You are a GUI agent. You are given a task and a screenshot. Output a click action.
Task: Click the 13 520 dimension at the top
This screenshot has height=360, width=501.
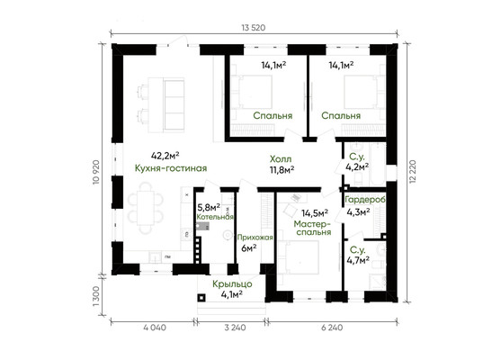(x=254, y=28)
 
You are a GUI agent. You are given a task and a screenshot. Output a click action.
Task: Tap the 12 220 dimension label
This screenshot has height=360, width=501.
(x=413, y=171)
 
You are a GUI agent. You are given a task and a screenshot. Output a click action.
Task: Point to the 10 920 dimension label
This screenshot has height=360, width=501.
(x=96, y=172)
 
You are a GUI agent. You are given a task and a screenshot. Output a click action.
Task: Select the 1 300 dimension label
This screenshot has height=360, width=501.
(x=96, y=296)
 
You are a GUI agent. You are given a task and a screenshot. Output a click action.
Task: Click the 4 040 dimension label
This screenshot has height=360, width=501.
(x=155, y=328)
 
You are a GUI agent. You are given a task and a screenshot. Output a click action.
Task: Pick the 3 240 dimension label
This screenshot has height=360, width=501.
(x=235, y=328)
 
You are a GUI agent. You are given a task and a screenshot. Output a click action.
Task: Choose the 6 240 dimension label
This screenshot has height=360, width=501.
(x=331, y=328)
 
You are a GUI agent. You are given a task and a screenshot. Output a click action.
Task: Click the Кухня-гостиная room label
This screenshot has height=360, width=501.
(x=171, y=168)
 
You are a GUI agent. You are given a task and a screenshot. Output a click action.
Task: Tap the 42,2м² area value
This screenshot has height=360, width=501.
(x=165, y=156)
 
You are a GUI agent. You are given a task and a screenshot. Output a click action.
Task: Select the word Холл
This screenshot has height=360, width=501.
(x=281, y=159)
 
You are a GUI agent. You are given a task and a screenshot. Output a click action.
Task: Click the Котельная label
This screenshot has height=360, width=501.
(x=215, y=217)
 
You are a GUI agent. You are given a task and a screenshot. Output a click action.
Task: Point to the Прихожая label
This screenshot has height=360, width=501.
(x=255, y=238)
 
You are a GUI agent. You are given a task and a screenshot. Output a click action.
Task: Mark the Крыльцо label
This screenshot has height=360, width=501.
(x=232, y=283)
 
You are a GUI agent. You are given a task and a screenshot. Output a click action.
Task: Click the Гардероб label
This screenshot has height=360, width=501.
(x=365, y=200)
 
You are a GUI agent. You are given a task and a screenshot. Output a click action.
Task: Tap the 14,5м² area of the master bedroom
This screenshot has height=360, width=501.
(x=315, y=212)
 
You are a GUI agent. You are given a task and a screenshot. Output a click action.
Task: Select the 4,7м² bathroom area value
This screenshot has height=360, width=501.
(x=358, y=260)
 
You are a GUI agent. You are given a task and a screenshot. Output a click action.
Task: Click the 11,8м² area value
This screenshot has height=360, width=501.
(x=282, y=169)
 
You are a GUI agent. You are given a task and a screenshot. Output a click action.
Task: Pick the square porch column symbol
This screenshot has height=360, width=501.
(x=201, y=298)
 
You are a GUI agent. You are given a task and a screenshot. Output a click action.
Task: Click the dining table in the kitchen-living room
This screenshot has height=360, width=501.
(x=146, y=208)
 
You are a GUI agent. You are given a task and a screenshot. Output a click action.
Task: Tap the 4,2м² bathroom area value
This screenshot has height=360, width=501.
(x=357, y=166)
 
